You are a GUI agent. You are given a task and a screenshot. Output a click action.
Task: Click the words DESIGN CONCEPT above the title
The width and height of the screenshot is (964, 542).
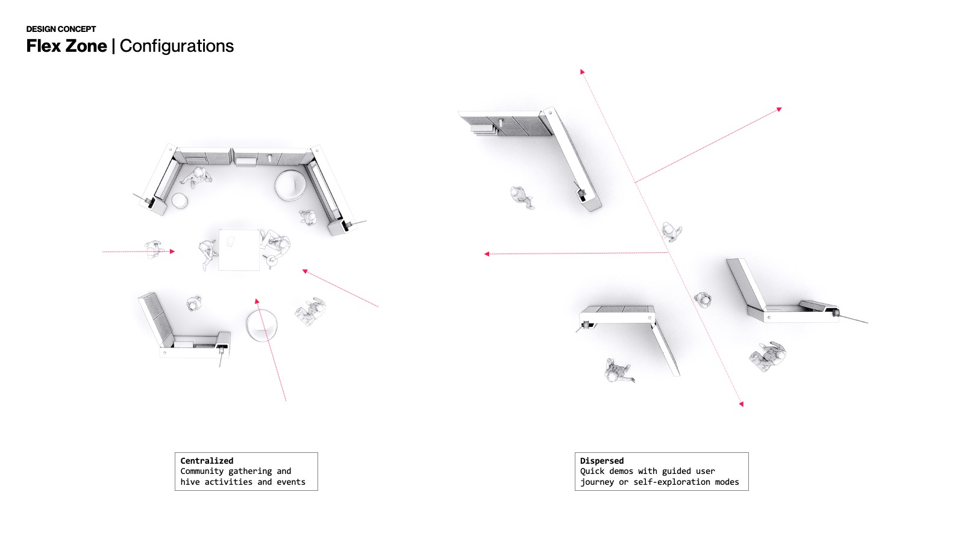(x=61, y=29)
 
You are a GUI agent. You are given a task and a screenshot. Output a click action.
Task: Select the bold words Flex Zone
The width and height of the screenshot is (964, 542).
(x=66, y=46)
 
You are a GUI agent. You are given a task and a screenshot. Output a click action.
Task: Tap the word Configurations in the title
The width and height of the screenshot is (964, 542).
(x=177, y=46)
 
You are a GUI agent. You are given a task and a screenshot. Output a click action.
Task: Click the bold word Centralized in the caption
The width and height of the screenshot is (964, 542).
(x=207, y=461)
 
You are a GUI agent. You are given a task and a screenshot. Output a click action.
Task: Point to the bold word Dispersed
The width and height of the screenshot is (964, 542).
(x=602, y=461)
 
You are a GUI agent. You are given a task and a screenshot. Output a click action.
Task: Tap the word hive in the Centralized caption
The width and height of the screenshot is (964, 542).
(x=190, y=482)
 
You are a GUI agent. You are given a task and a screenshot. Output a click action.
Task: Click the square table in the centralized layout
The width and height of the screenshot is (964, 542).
(x=239, y=249)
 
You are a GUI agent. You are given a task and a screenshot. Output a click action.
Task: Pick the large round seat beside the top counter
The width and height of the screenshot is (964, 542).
(x=290, y=185)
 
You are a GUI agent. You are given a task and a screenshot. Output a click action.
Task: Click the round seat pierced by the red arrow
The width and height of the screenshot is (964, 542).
(x=262, y=325)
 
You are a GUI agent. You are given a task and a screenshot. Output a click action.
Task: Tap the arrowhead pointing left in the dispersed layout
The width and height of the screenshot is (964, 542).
(x=487, y=254)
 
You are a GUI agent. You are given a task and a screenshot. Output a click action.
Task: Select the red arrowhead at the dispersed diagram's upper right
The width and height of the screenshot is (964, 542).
(x=779, y=110)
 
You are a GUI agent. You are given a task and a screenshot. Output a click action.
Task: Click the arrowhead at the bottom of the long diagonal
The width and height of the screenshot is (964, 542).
(x=741, y=404)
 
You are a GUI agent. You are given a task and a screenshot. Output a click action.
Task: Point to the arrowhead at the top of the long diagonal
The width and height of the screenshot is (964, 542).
(x=583, y=72)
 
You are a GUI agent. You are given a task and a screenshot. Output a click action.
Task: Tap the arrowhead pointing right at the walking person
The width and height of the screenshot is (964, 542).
(x=172, y=251)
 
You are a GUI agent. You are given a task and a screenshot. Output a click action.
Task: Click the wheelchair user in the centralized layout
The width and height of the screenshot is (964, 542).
(x=310, y=311)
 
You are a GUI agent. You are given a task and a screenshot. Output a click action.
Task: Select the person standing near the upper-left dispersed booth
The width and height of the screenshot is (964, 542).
(x=521, y=196)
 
